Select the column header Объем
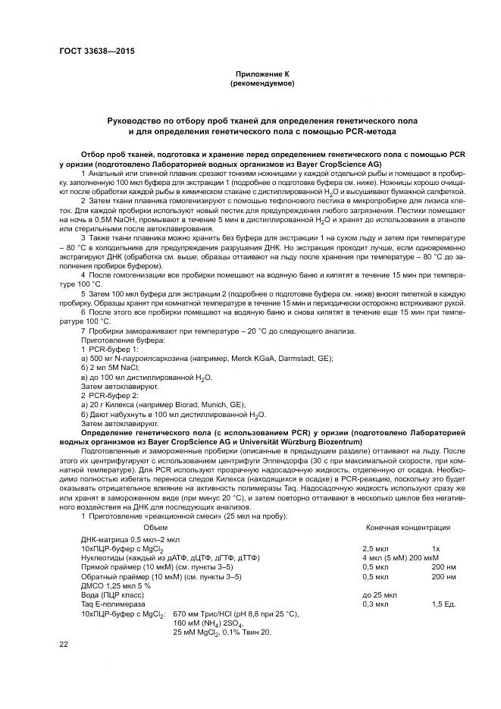point(155,527)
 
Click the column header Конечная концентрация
point(409,527)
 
